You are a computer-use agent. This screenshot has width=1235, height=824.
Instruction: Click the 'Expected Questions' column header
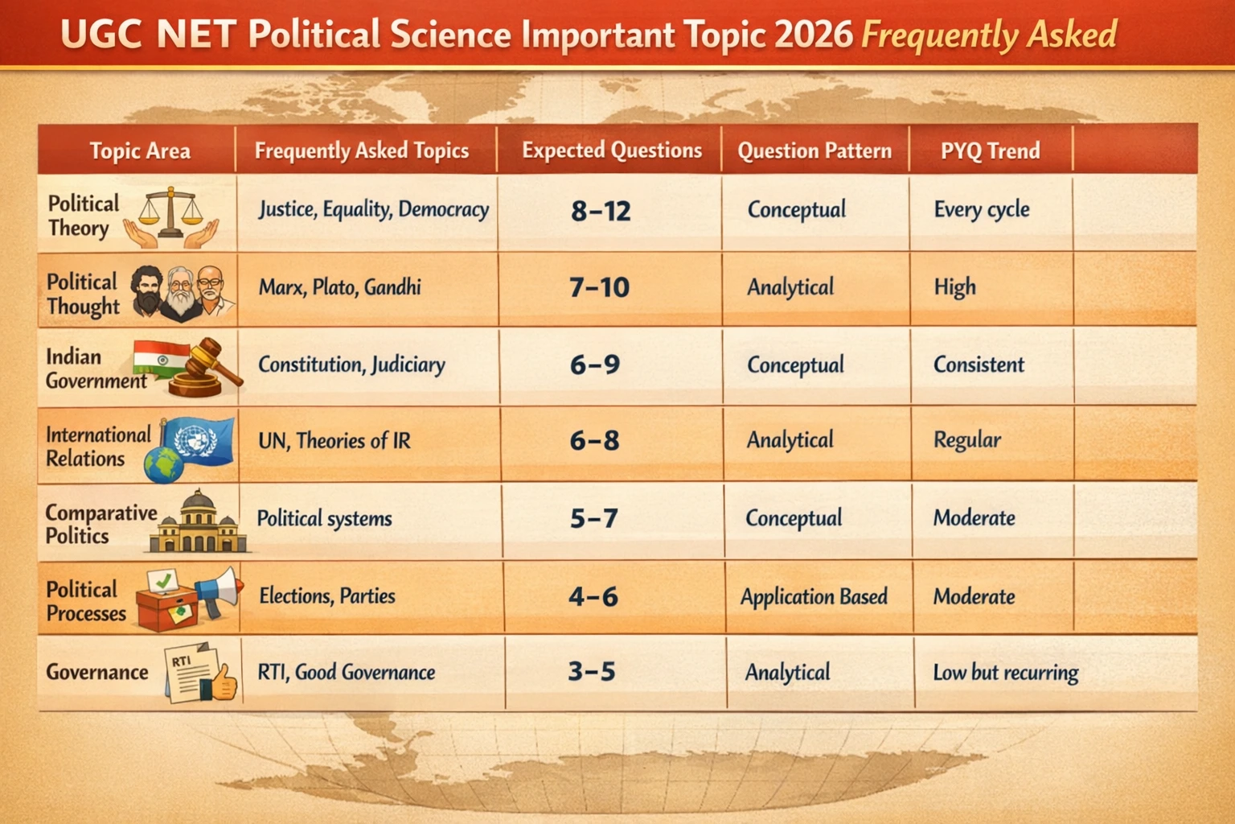click(x=612, y=150)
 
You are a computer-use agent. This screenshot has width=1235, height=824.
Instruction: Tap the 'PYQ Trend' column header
click(x=991, y=150)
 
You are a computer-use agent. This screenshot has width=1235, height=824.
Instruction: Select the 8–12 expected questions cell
click(x=601, y=211)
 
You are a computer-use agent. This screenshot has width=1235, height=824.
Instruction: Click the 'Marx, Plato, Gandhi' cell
click(x=339, y=287)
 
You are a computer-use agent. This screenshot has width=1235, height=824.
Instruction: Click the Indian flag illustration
click(x=161, y=359)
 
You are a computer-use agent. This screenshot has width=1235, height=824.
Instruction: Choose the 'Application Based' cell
click(x=814, y=596)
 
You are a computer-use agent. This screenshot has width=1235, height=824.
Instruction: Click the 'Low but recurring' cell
click(x=1006, y=672)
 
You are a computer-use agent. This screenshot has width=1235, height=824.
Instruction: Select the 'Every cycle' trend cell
click(x=982, y=209)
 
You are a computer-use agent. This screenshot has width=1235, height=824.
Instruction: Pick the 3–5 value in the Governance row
click(x=592, y=671)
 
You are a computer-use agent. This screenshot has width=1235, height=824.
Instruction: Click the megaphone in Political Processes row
click(x=219, y=591)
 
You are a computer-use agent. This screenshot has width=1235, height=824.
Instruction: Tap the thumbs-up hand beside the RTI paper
click(x=224, y=682)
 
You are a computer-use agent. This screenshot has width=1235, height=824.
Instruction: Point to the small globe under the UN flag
click(x=164, y=465)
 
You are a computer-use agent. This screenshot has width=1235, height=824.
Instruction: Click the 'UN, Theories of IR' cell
click(x=334, y=440)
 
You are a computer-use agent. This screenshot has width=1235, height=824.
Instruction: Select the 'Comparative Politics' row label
click(x=101, y=525)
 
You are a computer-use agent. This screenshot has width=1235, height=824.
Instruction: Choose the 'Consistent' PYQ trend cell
click(x=979, y=365)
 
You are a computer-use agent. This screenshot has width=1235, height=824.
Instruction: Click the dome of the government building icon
click(x=197, y=500)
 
